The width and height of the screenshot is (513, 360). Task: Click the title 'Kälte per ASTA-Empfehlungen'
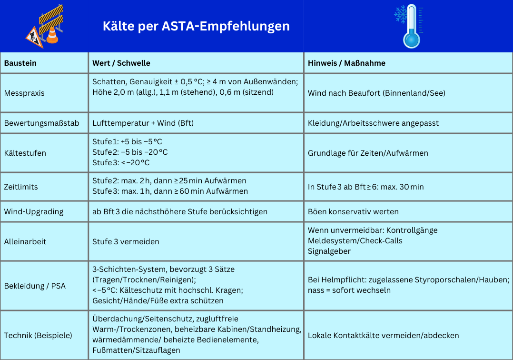click(x=196, y=26)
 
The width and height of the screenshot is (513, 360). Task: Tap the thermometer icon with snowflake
click(x=408, y=26)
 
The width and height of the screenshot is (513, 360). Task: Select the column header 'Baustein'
click(x=20, y=63)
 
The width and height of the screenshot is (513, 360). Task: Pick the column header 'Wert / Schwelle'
click(x=121, y=63)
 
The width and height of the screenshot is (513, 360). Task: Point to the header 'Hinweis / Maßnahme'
click(x=346, y=63)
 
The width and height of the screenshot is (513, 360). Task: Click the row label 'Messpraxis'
click(x=24, y=93)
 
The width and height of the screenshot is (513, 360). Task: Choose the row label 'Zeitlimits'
click(x=21, y=187)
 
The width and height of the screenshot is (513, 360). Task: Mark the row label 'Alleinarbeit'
click(x=25, y=241)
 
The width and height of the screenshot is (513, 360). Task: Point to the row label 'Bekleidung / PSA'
click(x=35, y=286)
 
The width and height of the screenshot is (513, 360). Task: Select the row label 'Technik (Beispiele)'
click(x=38, y=335)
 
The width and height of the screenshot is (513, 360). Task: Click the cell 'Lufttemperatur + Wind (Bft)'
click(x=143, y=123)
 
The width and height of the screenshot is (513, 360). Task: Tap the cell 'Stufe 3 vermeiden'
click(x=126, y=241)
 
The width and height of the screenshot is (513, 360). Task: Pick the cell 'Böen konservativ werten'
click(x=353, y=211)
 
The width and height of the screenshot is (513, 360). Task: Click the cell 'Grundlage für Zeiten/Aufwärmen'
click(x=368, y=153)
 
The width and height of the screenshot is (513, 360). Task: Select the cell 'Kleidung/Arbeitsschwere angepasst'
click(x=373, y=123)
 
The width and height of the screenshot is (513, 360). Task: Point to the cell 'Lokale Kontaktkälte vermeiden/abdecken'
click(x=383, y=335)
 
